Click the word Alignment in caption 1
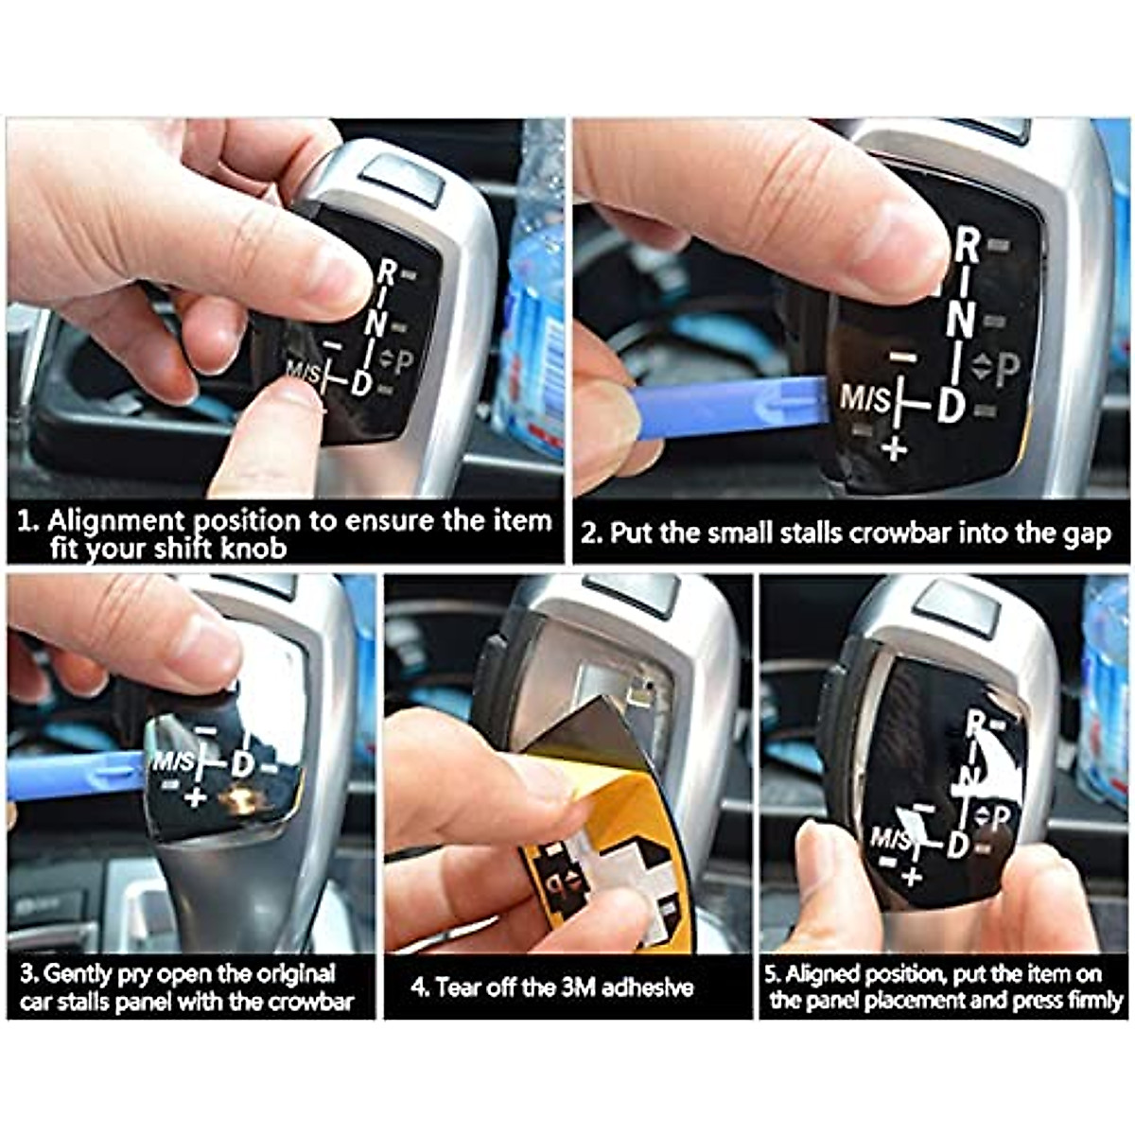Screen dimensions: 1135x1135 tap(114, 521)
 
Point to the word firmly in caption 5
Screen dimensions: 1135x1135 tap(1094, 1001)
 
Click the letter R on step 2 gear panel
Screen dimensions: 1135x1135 tap(967, 246)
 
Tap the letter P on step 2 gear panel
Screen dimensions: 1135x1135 tap(1007, 369)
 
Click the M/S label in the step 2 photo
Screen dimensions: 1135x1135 tap(865, 398)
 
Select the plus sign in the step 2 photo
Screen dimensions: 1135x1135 tap(894, 447)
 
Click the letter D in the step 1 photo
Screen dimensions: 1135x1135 tap(361, 383)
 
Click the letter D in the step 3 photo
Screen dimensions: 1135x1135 tap(242, 762)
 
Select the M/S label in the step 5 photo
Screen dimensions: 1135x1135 tap(890, 837)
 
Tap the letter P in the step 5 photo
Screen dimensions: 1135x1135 tap(1003, 816)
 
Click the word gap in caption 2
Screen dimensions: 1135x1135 tap(1089, 535)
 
